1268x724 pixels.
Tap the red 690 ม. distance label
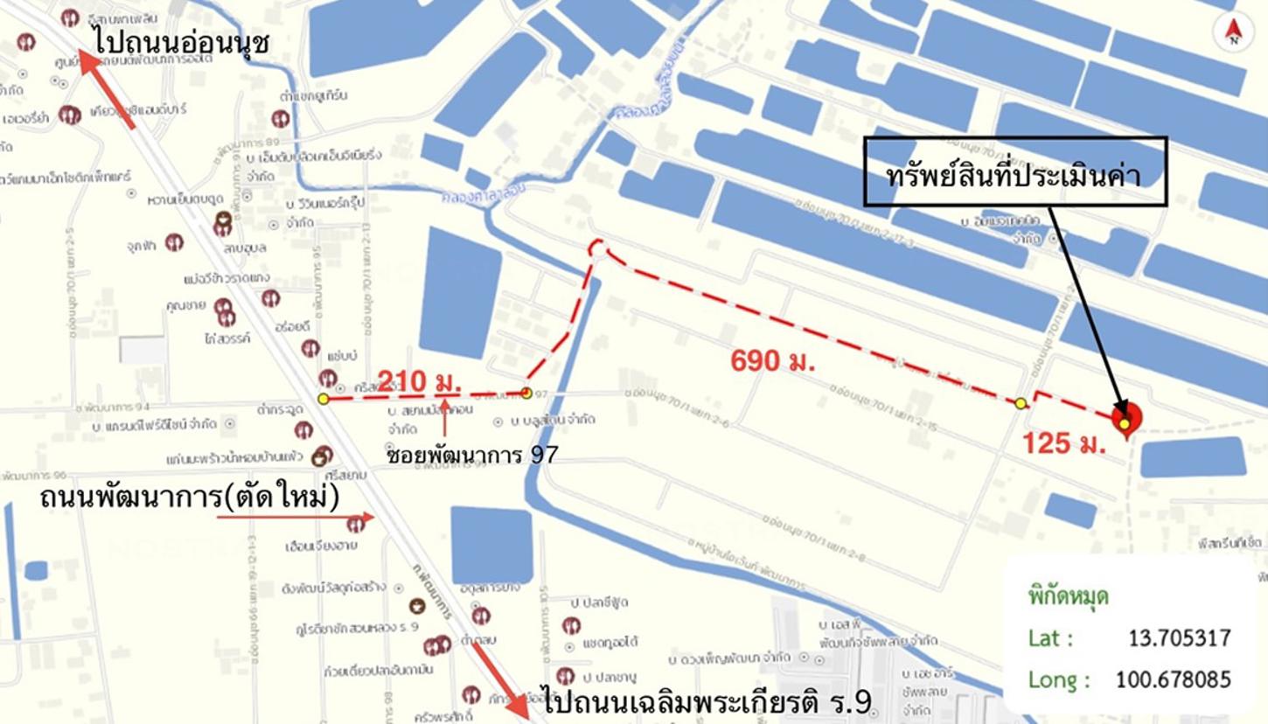pos(773,360)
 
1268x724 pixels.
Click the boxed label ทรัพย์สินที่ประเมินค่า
pos(1015,172)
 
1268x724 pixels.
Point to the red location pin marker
pos(1125,420)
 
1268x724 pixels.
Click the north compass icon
pos(1233,32)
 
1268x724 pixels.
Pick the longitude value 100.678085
pos(1173,679)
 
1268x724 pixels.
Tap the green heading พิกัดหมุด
pos(1068,597)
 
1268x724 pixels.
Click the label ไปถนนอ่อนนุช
pos(183,41)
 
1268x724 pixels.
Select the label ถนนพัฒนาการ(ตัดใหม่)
pos(190,499)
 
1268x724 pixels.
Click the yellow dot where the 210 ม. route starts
pos(324,399)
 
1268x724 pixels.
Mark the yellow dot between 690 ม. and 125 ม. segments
pos(1021,403)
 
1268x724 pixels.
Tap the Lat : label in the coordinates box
pos(1051,638)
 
